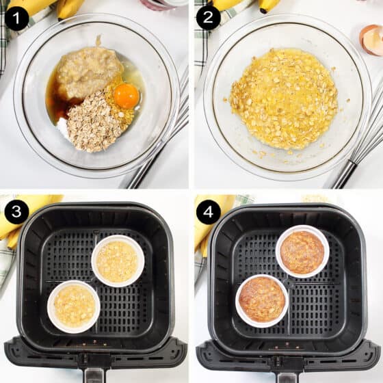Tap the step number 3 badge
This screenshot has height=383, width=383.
click(x=16, y=211)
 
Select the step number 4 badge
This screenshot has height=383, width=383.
click(x=208, y=211)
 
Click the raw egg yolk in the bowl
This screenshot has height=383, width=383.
click(x=126, y=96)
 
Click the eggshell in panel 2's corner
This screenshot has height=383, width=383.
click(x=372, y=39)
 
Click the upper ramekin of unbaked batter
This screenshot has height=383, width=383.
click(x=118, y=261)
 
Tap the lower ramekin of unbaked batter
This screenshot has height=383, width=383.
click(x=74, y=306)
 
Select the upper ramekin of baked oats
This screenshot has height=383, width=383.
click(x=302, y=252)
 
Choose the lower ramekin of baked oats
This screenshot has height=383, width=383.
click(x=262, y=300)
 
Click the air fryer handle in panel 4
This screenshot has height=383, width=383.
click(x=287, y=366)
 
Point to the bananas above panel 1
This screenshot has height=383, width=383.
click(x=55, y=7)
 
